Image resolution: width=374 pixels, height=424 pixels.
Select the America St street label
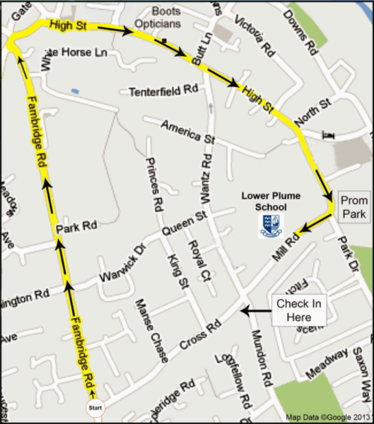pos(187,131)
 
